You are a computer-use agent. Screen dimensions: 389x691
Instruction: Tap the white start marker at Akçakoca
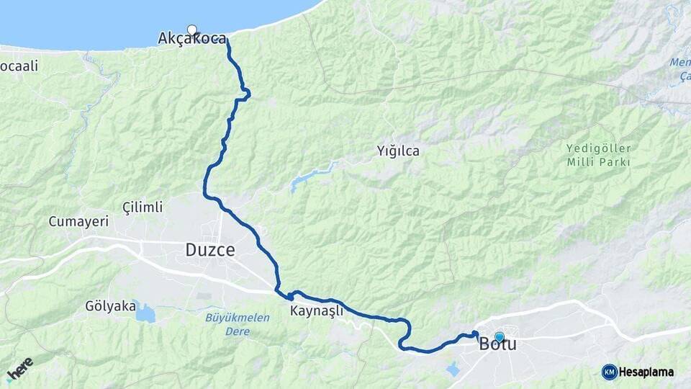[x=192, y=30]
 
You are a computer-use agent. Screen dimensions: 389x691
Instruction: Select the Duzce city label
[x=210, y=250]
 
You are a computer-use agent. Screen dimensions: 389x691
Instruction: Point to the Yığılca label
[x=397, y=151]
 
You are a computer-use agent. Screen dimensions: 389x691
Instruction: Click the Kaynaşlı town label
[x=317, y=312]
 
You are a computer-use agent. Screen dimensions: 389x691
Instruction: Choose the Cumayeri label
[x=78, y=222]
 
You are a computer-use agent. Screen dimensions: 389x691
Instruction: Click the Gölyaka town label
[x=110, y=306]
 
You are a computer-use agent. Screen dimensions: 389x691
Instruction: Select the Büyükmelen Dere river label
[x=237, y=324]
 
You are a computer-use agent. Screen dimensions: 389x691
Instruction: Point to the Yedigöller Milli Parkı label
[x=597, y=156]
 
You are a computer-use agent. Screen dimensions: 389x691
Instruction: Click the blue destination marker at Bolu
[x=499, y=336]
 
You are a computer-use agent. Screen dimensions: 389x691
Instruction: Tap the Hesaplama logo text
[x=646, y=372]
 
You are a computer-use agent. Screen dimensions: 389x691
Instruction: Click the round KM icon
[x=609, y=372]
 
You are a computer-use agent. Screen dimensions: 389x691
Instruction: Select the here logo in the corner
[x=20, y=369]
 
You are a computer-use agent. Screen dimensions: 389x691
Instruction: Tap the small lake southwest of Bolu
[x=453, y=370]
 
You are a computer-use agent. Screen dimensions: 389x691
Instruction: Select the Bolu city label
[x=497, y=344]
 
